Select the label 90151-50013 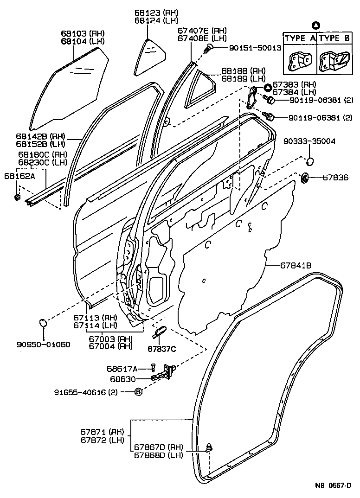coord(255,48)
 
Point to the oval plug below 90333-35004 coord(310,162)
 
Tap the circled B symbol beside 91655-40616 coord(138,392)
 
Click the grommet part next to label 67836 coord(305,177)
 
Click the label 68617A coord(122,369)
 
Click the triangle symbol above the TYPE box coord(315,25)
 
